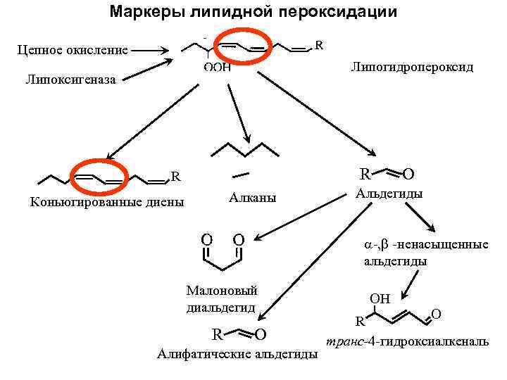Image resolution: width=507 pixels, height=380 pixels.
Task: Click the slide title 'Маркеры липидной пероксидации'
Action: (x=254, y=13)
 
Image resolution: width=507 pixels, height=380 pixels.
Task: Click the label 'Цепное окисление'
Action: (x=73, y=50)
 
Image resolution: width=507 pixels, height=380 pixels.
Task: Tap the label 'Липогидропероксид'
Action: (x=412, y=68)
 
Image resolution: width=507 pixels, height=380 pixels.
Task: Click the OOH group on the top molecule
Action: (x=217, y=68)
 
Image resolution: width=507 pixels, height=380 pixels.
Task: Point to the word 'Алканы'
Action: (x=252, y=198)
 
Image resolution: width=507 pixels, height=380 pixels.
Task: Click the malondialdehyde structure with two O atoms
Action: (x=223, y=253)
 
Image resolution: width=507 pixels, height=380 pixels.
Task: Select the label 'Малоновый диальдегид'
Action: (x=221, y=298)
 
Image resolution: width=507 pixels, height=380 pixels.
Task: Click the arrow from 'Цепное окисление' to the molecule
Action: (x=148, y=50)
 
